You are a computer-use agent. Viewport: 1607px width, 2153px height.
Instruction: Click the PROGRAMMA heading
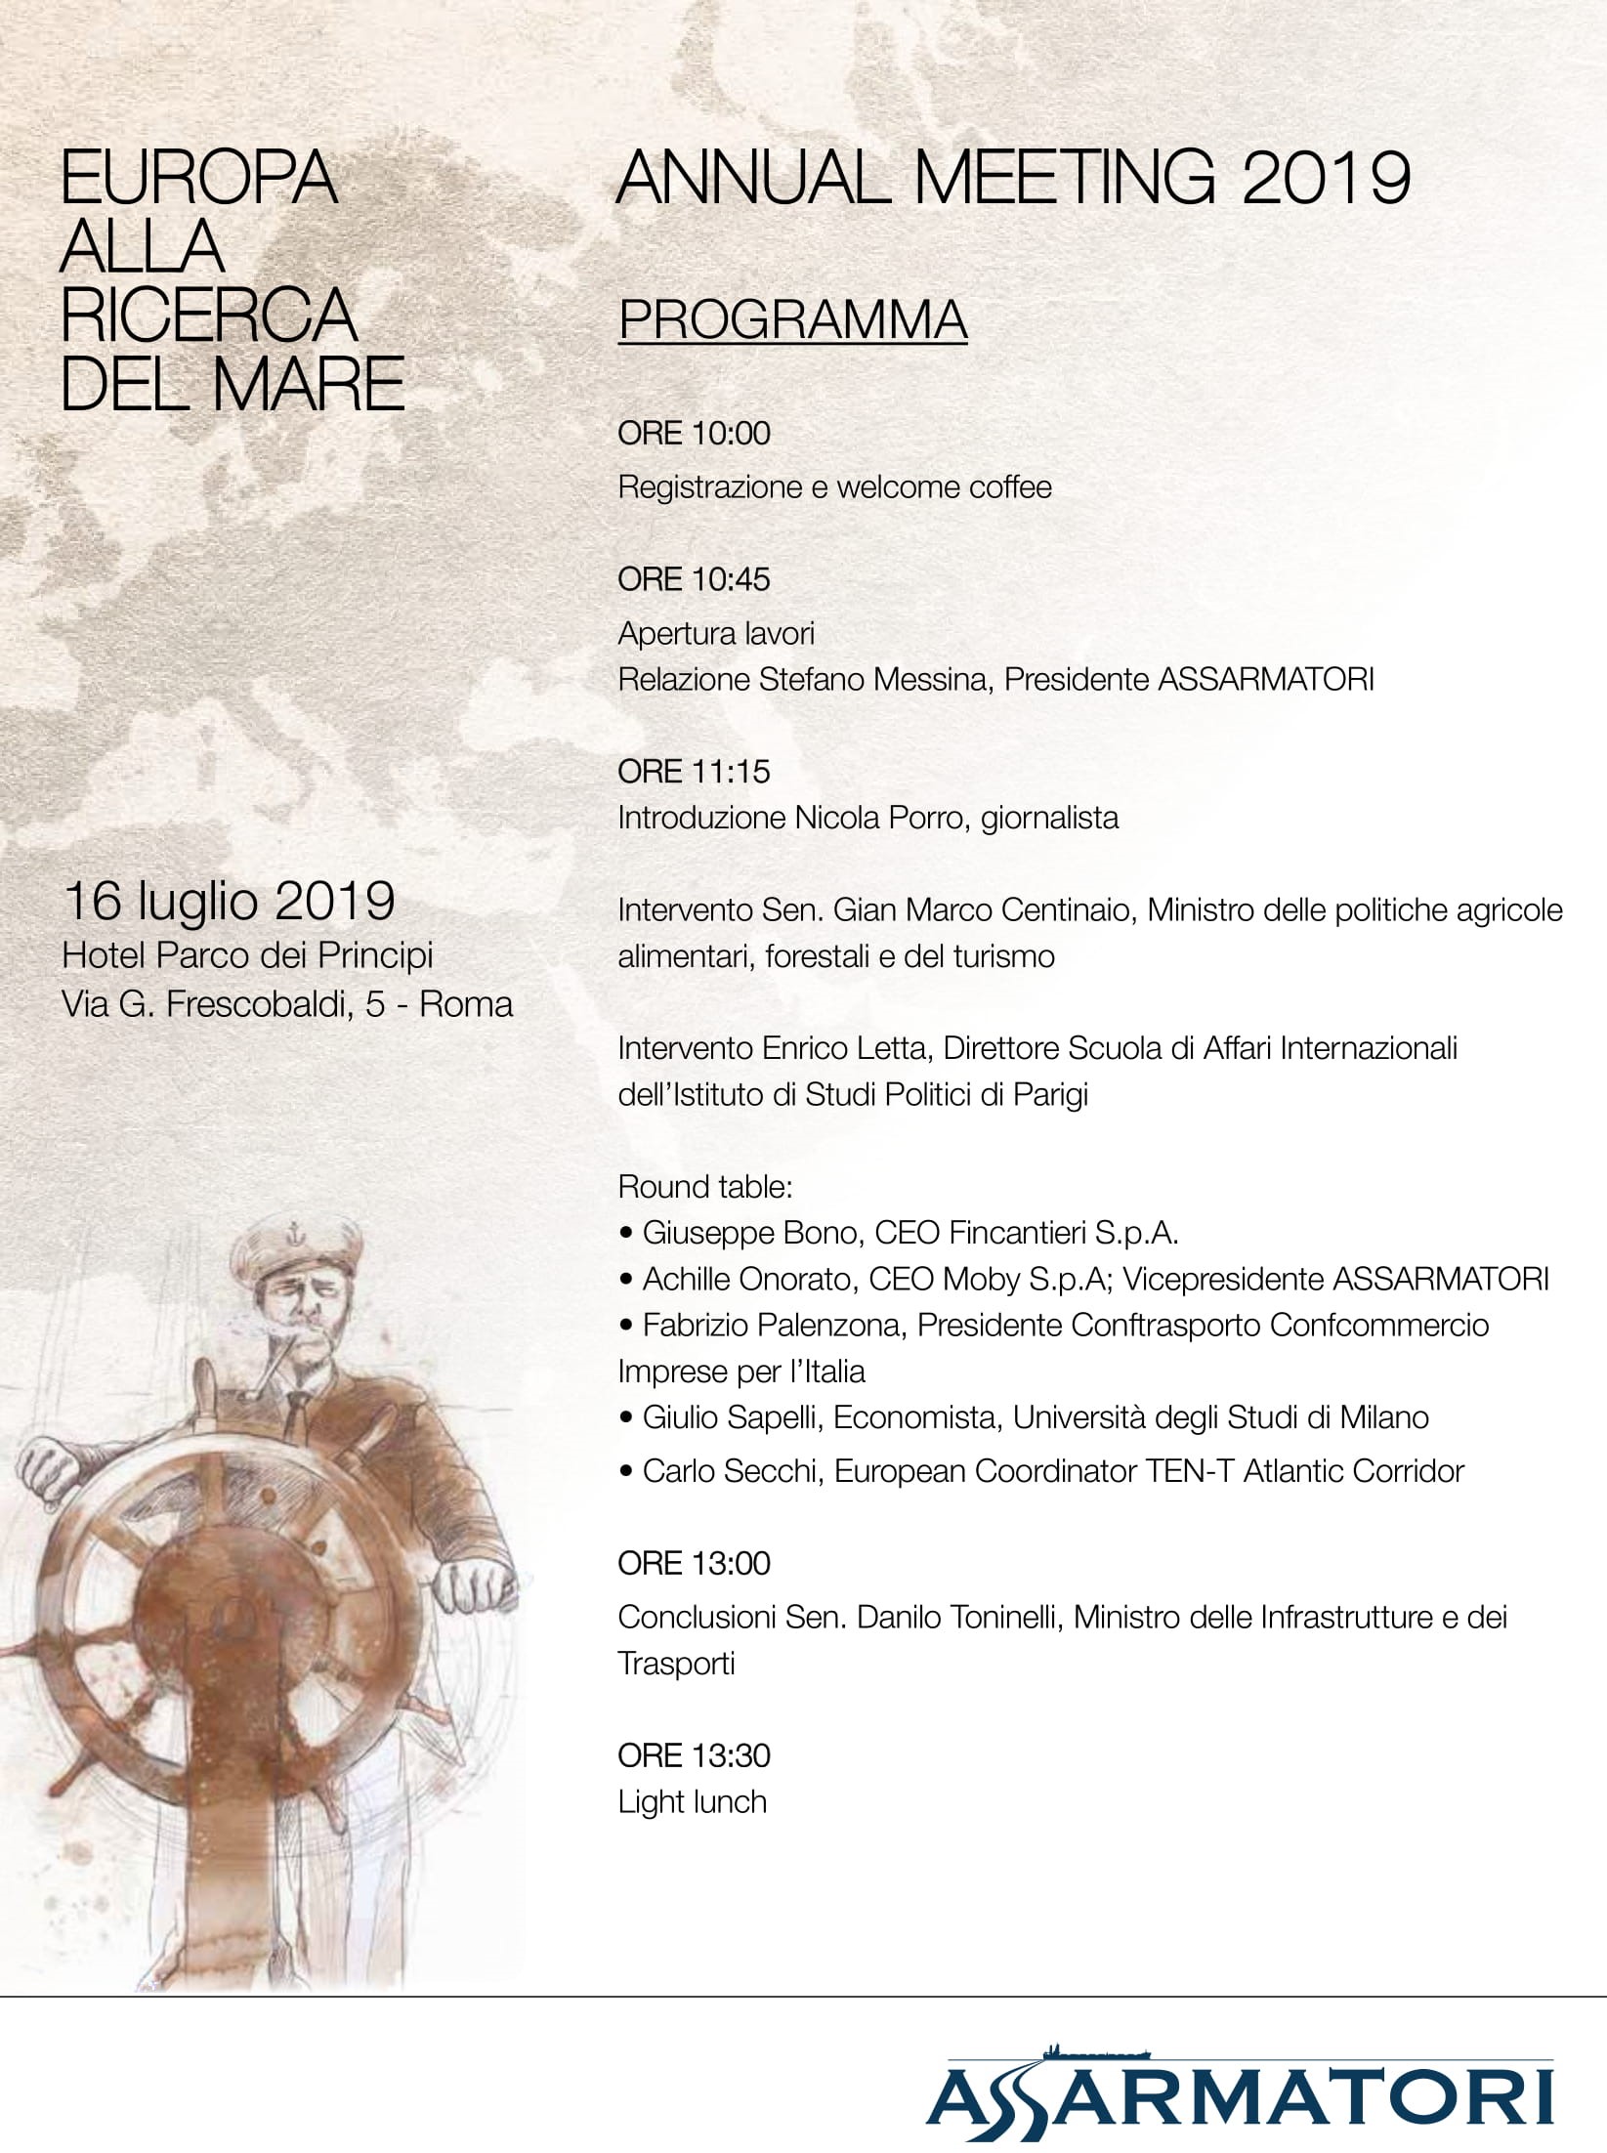coord(792,318)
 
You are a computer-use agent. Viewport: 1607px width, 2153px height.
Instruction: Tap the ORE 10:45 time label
coord(694,579)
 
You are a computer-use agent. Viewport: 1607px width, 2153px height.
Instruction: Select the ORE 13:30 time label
coord(694,1755)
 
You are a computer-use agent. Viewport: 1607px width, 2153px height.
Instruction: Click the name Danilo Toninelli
coord(960,1617)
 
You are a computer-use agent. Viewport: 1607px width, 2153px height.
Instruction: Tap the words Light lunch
coord(692,1801)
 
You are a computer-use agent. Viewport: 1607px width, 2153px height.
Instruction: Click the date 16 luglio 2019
coord(228,901)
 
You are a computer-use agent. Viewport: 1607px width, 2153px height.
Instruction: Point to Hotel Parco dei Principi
coord(247,955)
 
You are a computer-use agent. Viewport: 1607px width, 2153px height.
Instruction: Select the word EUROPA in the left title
coord(199,178)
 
